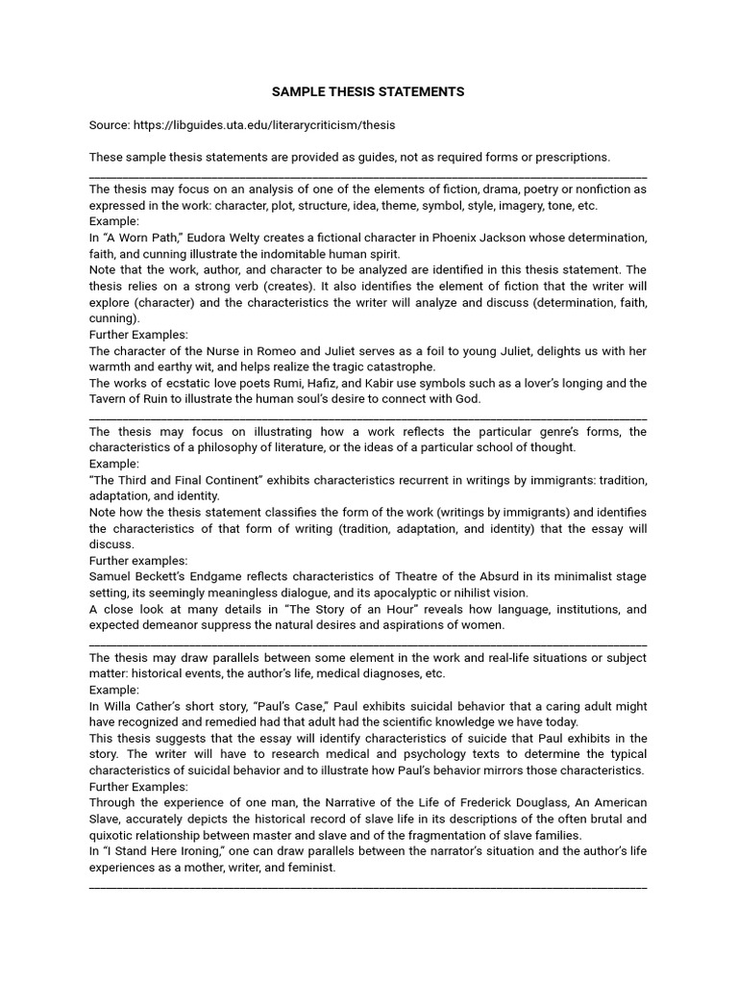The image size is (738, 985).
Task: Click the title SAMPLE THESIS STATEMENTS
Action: pos(368,91)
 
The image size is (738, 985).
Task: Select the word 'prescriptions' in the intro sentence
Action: pos(572,157)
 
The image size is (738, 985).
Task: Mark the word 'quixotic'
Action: pos(114,835)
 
